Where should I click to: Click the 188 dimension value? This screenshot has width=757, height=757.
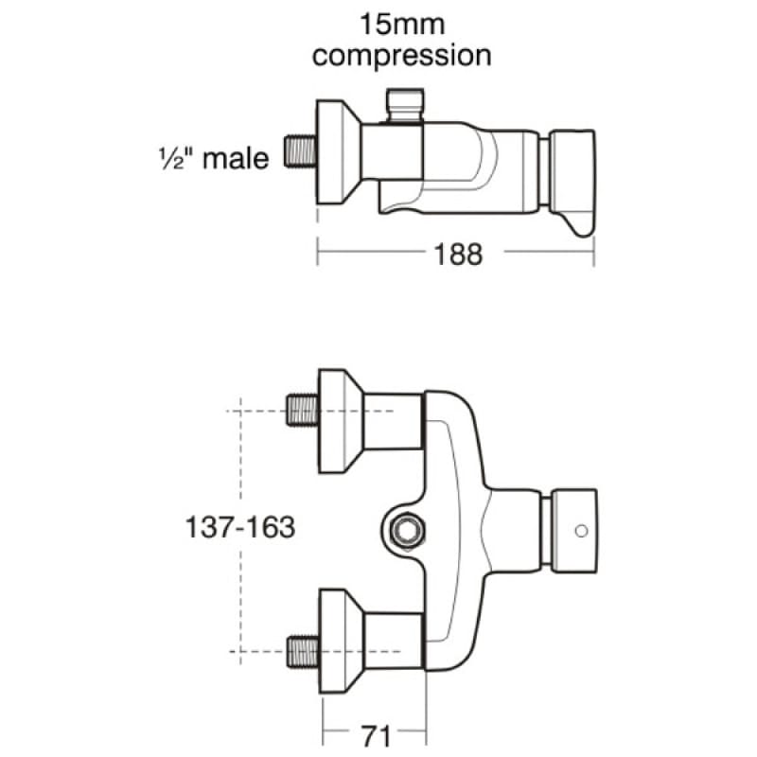coord(458,255)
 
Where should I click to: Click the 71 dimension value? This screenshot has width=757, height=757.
coord(376,737)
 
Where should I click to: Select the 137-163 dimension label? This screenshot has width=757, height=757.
coord(240,527)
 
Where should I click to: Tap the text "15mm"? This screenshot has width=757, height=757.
coord(402,25)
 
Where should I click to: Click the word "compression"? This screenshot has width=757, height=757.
coord(401,56)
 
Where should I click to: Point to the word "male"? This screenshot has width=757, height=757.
coord(236,158)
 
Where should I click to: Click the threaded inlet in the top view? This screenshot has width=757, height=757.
coord(300,151)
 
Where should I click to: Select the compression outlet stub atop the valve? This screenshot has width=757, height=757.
coord(405,105)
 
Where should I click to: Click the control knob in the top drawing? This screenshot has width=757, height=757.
coord(572,182)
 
